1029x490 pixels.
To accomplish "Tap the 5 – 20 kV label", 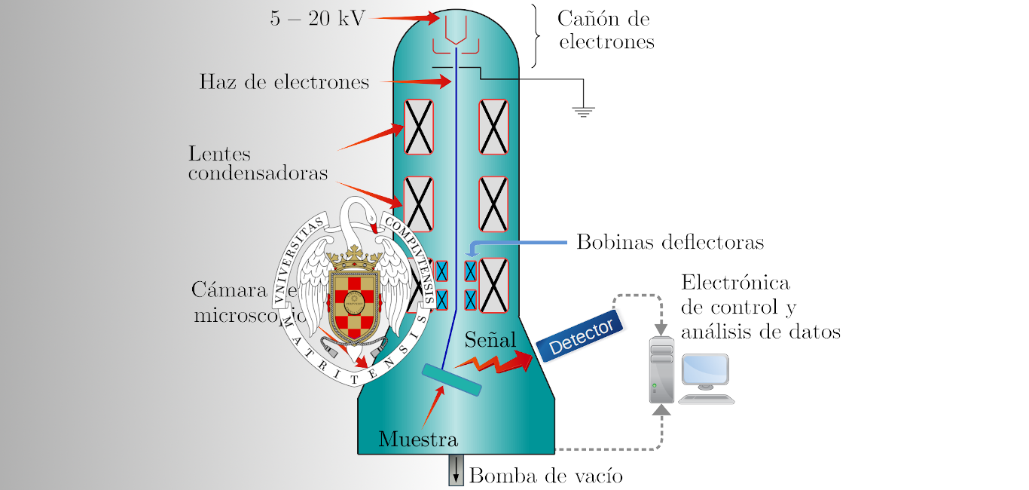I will click(x=317, y=19).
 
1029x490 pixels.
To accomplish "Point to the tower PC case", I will click(x=661, y=371).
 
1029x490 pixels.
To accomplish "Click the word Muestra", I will click(x=418, y=439).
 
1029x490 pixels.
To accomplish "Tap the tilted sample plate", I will click(x=451, y=380).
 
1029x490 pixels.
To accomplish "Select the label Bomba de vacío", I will click(x=546, y=476).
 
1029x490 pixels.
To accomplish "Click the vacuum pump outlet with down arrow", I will click(x=456, y=471).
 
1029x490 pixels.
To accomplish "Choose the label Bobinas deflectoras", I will click(x=670, y=242).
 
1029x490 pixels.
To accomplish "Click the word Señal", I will click(x=490, y=338).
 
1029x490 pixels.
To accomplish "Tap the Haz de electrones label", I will click(x=284, y=81).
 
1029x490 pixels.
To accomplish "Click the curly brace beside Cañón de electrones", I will click(x=536, y=35).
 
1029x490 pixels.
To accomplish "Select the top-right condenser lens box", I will click(x=493, y=126).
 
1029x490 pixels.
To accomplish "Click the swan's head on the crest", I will click(x=367, y=214).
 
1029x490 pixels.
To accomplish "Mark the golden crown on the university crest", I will click(x=355, y=260).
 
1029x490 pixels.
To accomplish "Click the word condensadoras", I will click(x=258, y=173).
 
